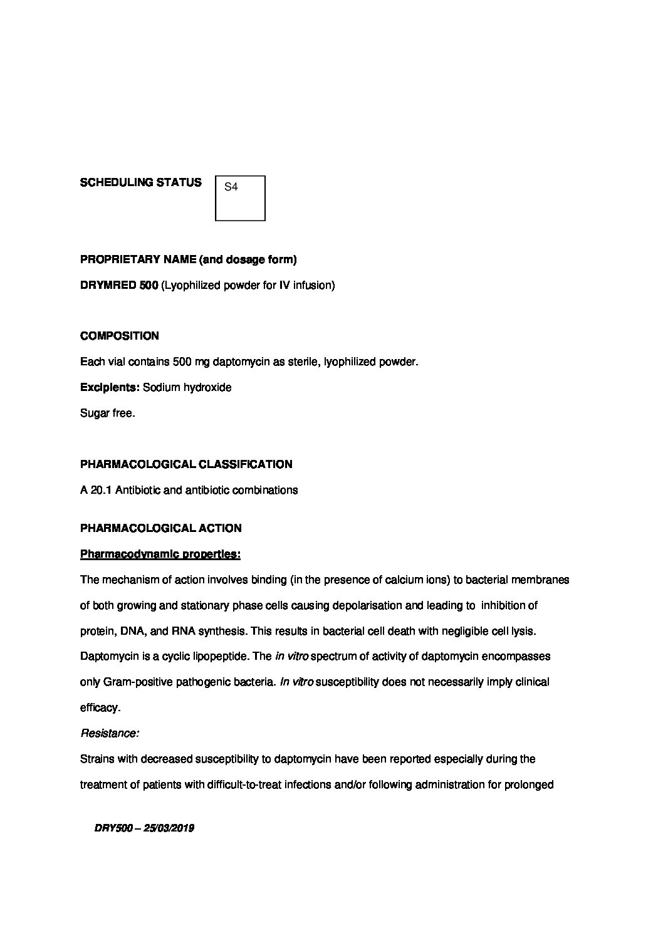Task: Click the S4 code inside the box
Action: tap(231, 187)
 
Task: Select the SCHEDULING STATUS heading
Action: tap(141, 182)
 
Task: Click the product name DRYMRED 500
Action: tap(119, 286)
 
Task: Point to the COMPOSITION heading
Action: tap(120, 336)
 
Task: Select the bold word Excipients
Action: tap(110, 388)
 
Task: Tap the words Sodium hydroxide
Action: tap(187, 388)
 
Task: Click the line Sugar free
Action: tap(107, 414)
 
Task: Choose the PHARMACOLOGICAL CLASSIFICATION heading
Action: tap(186, 464)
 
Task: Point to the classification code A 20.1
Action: tap(96, 490)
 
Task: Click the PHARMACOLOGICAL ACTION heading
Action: tap(160, 528)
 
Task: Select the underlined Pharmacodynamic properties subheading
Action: tap(160, 555)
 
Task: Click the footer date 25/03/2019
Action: tap(169, 828)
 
